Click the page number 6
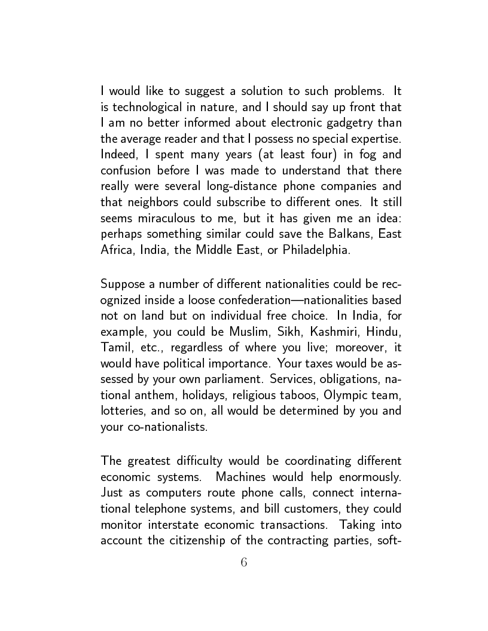click(243, 562)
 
